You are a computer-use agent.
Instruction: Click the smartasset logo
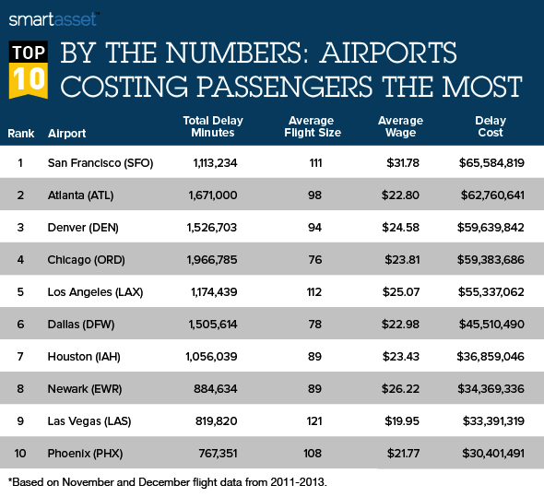(x=54, y=19)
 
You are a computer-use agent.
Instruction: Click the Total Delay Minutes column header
(x=213, y=126)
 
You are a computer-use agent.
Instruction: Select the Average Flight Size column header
(x=313, y=126)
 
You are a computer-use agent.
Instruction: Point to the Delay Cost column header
(x=491, y=126)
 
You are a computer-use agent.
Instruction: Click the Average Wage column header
(x=400, y=126)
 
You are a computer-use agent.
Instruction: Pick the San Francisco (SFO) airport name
(x=101, y=163)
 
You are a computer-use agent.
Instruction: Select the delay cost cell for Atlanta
(x=492, y=195)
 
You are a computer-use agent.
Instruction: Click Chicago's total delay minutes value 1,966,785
(x=212, y=260)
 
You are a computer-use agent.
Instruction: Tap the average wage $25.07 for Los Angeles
(x=401, y=292)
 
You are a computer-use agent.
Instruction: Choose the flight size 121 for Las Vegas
(x=314, y=421)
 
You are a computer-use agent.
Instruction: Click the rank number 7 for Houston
(x=20, y=357)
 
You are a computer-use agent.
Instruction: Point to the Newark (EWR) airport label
(x=85, y=389)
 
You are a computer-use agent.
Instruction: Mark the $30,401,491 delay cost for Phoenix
(x=493, y=454)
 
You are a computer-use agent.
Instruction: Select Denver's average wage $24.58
(x=401, y=228)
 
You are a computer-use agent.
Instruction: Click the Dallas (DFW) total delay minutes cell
(x=213, y=325)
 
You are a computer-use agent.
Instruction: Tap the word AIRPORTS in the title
(x=388, y=53)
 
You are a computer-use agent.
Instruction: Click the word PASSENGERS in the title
(x=285, y=86)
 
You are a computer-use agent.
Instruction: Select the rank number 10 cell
(x=20, y=454)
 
